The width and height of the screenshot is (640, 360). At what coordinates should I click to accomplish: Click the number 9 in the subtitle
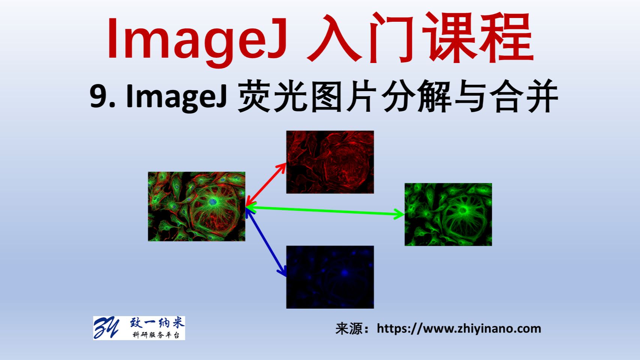point(98,96)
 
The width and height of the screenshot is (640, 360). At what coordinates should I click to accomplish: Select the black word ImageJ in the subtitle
point(176,96)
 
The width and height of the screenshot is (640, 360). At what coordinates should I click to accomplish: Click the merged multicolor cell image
point(197,206)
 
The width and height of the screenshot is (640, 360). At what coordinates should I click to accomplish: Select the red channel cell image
point(330,162)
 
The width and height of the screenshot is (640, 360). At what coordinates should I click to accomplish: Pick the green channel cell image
point(448,214)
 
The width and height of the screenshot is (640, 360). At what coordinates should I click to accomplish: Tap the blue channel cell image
point(330,277)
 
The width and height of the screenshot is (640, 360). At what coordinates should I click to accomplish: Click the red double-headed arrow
point(266,184)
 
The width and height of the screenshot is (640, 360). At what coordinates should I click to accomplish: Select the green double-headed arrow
point(325,211)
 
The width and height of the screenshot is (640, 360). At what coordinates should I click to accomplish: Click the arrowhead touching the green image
point(399,214)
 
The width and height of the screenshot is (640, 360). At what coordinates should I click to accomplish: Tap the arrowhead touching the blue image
point(282,271)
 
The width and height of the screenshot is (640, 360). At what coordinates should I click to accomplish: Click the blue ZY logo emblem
point(106,328)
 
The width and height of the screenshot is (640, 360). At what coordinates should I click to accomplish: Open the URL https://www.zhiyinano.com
point(459,329)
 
